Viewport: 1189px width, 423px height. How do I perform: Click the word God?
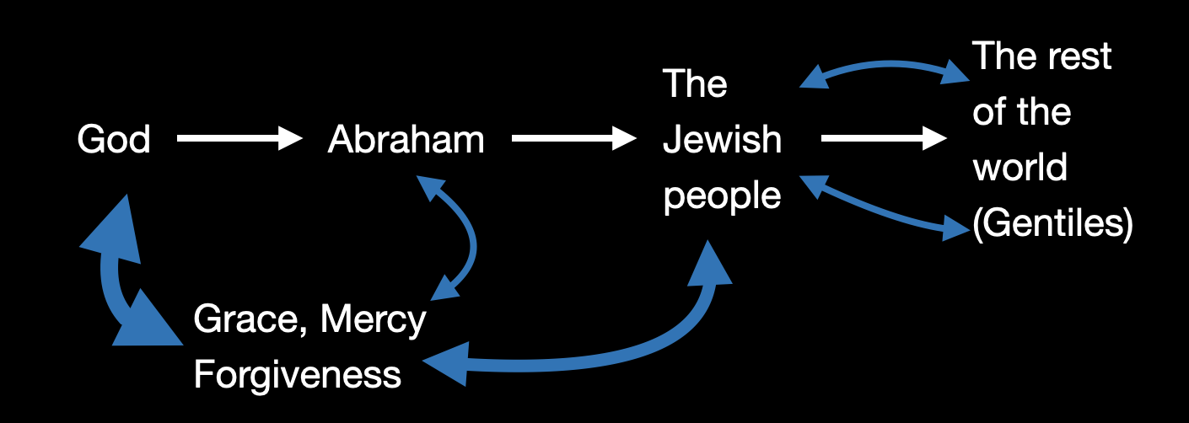point(114,140)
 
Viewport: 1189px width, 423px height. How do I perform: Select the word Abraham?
point(406,140)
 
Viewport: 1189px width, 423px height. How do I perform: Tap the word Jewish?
point(722,140)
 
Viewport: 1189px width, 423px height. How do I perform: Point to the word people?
point(722,196)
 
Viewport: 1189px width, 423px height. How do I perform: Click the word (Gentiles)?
point(1052,224)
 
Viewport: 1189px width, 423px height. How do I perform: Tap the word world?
point(1020,169)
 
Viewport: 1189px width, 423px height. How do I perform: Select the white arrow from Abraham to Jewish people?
point(573,140)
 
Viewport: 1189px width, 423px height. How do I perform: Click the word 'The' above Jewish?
point(695,85)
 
